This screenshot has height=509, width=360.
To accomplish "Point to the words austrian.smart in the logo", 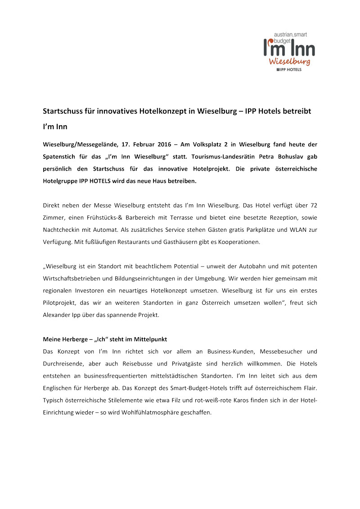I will tap(290, 34).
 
